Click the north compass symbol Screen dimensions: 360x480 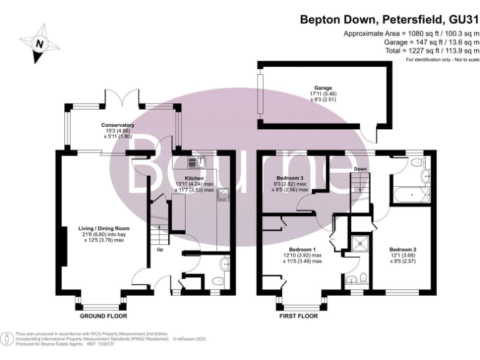click(x=39, y=43)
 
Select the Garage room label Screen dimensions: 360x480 click(x=323, y=88)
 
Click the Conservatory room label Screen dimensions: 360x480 click(x=118, y=125)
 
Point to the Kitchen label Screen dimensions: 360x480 click(x=195, y=178)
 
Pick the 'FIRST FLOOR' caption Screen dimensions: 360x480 click(x=298, y=316)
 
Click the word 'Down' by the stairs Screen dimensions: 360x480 click(x=359, y=169)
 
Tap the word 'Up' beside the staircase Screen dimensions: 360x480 click(x=160, y=251)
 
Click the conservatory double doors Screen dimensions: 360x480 click(x=121, y=98)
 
